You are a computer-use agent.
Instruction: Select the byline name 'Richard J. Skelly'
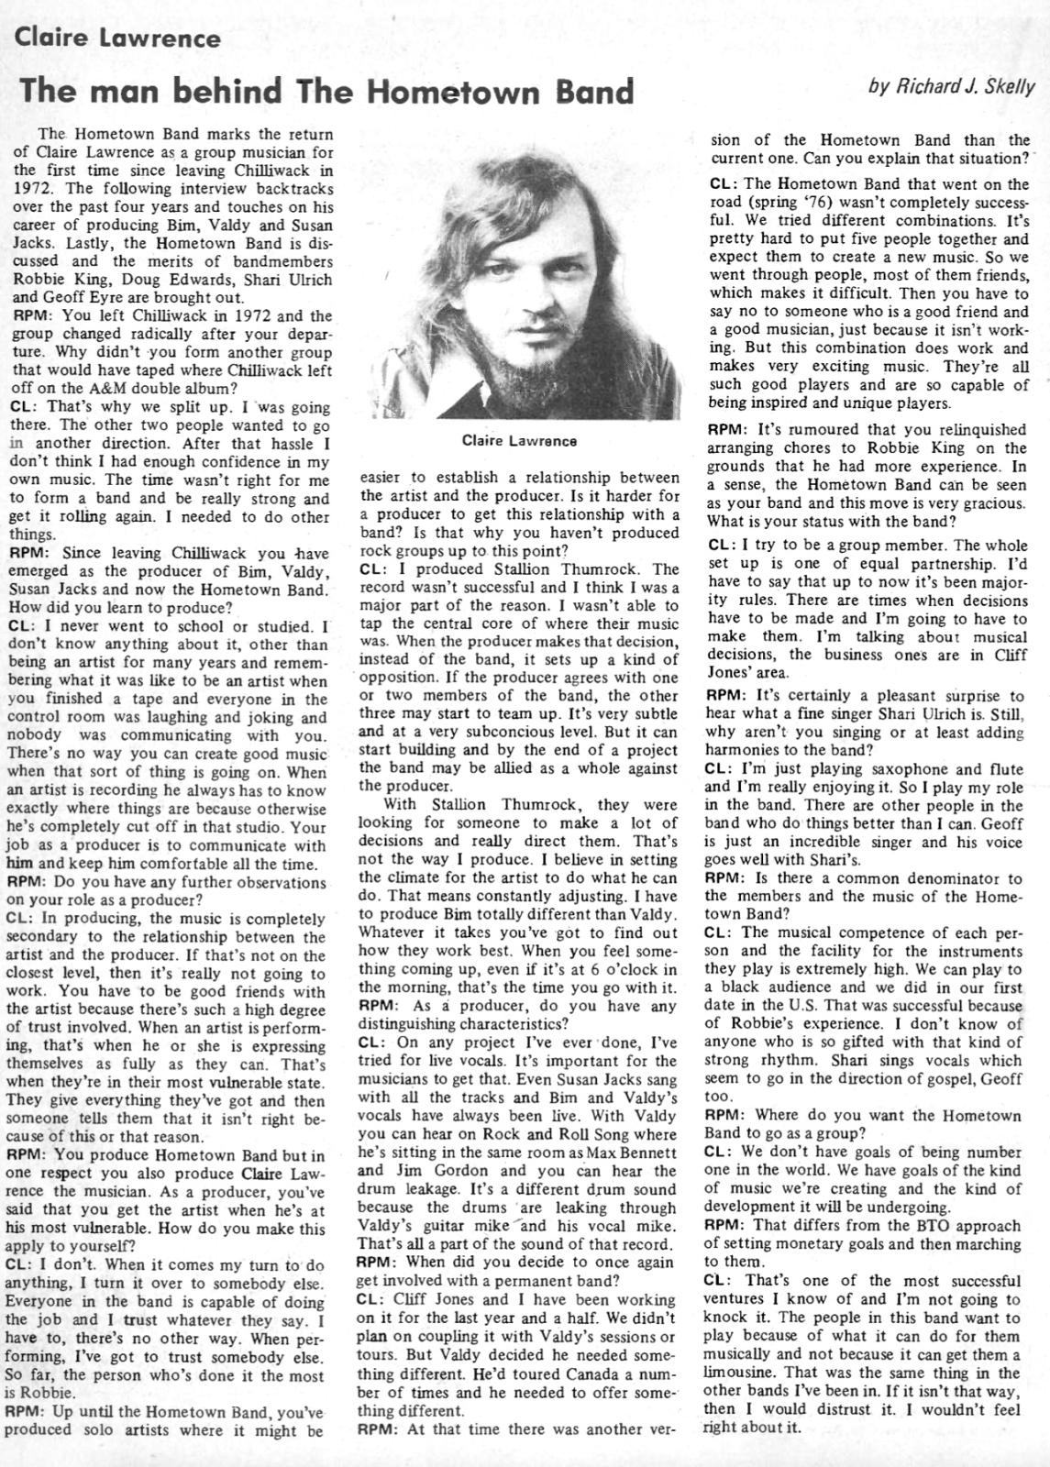click(964, 87)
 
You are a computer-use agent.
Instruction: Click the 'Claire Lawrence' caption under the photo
click(519, 441)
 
